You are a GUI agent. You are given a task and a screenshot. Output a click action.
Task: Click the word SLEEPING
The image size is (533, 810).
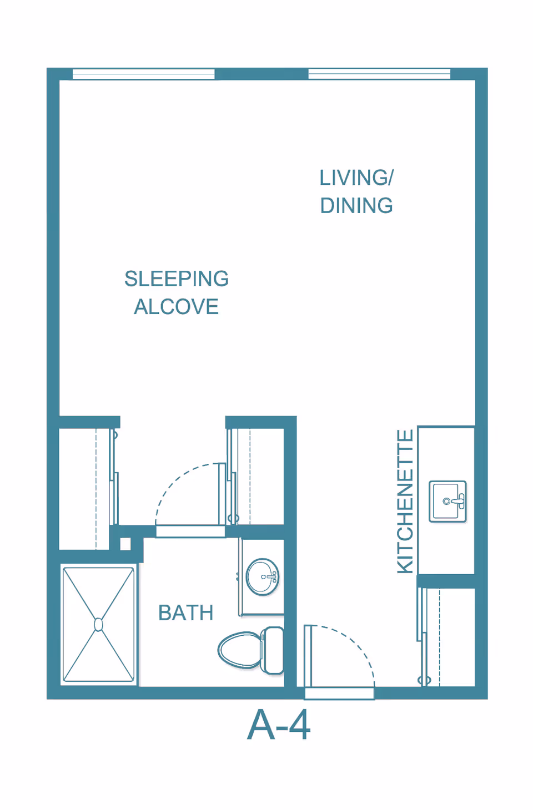point(177,279)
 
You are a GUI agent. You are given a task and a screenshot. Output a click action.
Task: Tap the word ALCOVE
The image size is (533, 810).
point(177,307)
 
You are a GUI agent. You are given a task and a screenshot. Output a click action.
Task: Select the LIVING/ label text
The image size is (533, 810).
point(356,178)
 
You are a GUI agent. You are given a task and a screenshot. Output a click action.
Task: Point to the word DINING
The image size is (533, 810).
point(356,205)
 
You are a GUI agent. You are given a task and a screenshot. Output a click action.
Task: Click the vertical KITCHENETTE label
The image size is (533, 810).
point(405,501)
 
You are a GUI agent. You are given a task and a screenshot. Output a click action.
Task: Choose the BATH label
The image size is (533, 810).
point(185,612)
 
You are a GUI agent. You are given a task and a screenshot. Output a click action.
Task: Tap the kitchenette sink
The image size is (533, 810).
point(447,501)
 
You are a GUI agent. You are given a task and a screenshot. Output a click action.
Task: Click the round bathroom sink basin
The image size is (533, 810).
point(263,577)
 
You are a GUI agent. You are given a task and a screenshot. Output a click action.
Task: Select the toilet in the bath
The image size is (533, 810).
point(251,650)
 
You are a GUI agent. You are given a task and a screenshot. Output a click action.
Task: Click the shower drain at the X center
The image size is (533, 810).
point(98,625)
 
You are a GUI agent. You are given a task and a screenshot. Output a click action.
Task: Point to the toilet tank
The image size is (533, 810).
point(272,650)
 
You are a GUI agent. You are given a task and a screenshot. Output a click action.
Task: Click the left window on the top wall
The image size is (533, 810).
point(144,74)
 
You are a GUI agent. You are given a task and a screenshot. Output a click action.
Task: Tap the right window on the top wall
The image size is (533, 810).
point(380,74)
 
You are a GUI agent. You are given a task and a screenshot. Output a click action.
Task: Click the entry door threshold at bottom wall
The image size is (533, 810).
point(339,693)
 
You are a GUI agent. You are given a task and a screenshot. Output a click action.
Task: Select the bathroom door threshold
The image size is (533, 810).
point(190,531)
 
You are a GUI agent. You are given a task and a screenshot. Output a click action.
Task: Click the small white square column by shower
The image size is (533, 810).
point(125,544)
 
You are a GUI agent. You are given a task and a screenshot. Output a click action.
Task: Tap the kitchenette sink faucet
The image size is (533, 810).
point(456,501)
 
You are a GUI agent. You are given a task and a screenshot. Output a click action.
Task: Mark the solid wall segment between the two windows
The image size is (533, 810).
point(262,74)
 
